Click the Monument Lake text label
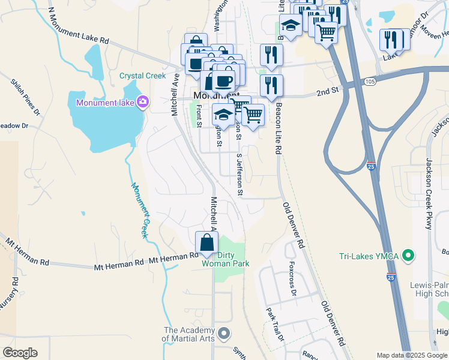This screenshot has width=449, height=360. pos(106,103)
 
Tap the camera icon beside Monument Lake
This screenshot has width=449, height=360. pos(142,101)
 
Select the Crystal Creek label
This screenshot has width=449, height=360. pos(142,76)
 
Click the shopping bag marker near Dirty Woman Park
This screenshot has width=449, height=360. pos(206,243)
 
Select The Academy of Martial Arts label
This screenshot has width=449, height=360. pos(190,334)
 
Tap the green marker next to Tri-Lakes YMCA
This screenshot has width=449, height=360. pos(409,257)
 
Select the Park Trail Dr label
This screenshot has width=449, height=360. pos(274,325)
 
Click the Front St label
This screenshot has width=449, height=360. pos(199,115)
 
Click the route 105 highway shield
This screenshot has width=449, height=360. pos(369,81)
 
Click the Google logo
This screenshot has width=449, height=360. pos(20,353)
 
